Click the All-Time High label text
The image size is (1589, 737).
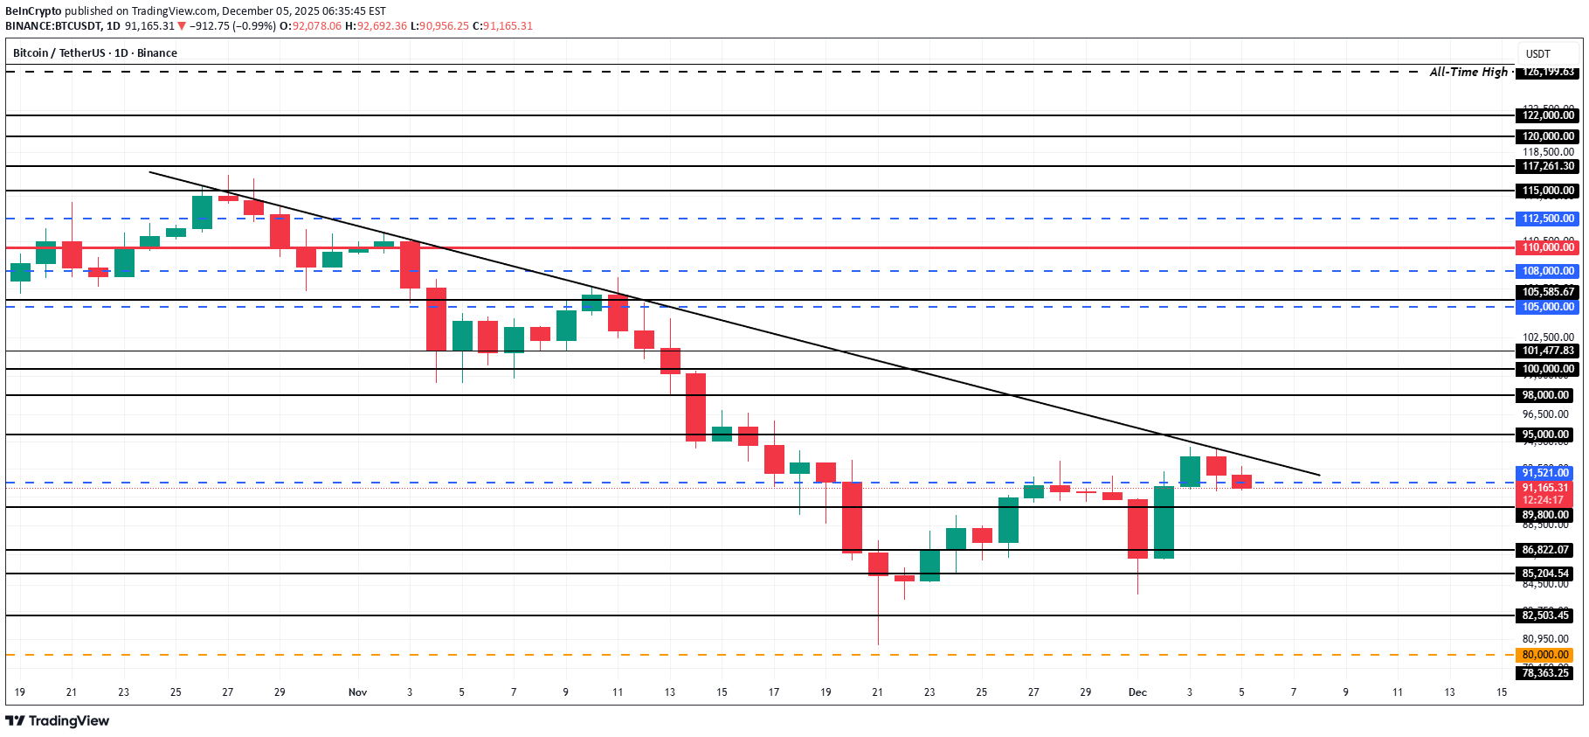coord(1468,72)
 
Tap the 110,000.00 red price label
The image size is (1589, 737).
coord(1547,247)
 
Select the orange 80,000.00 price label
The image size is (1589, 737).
coord(1545,655)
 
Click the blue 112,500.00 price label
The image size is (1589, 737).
coord(1547,219)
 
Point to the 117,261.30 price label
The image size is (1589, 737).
coord(1547,166)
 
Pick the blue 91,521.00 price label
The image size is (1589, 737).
coord(1545,473)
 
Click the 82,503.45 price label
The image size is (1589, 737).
coord(1545,615)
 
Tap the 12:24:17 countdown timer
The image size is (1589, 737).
coord(1542,501)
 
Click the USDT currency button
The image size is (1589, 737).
coord(1537,54)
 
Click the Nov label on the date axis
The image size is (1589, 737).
coord(357,692)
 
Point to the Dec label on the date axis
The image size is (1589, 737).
coord(1137,692)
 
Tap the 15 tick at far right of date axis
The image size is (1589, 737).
coord(1501,692)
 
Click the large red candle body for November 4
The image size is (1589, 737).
coord(436,319)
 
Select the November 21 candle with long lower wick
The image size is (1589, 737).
coord(878,564)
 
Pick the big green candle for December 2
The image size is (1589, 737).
coord(1164,522)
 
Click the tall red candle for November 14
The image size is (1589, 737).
coord(695,407)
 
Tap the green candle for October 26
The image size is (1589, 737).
coord(202,212)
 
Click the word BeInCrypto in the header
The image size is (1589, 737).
coord(33,11)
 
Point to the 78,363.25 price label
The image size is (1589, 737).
coord(1545,673)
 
